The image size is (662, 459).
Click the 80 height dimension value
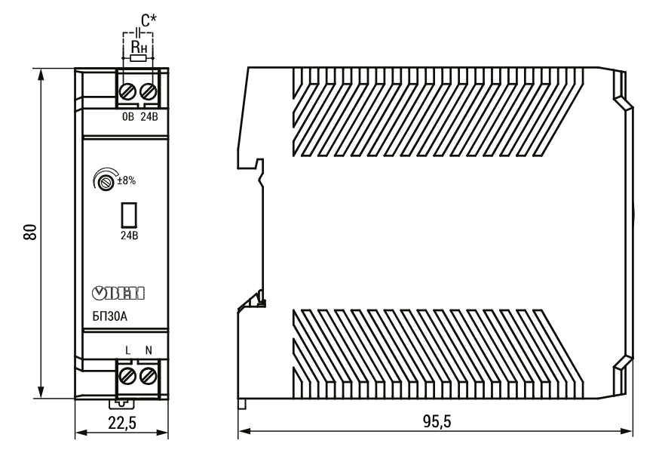[30, 232]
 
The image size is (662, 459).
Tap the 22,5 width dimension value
[122, 423]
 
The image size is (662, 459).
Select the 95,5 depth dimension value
[437, 421]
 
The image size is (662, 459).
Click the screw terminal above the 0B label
[127, 91]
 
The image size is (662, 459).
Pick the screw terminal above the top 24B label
[148, 91]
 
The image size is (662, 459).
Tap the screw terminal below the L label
[127, 375]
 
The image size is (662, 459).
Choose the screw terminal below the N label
[148, 375]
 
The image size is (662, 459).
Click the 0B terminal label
[128, 117]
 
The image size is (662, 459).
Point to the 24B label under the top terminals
[149, 117]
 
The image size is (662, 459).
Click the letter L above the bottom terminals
[128, 350]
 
